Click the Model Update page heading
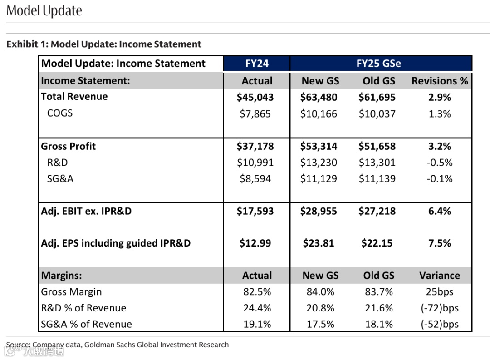coord(44,11)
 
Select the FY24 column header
coord(257,64)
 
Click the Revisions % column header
coord(439,81)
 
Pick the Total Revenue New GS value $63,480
coord(318,97)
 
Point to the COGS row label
coord(60,113)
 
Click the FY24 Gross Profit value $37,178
coord(255,146)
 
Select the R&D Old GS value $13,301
coord(377,163)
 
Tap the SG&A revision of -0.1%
coord(440,179)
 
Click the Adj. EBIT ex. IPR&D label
coord(86,211)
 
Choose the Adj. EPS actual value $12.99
coord(255,243)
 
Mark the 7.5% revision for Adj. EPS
coord(440,243)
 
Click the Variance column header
coord(439,276)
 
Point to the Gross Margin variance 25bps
coord(439,292)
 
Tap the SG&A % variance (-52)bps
coord(439,324)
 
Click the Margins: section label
coord(61,276)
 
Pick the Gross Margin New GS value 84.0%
coord(320,292)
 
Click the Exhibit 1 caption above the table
coord(104,44)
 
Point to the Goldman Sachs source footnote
coord(118,345)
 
